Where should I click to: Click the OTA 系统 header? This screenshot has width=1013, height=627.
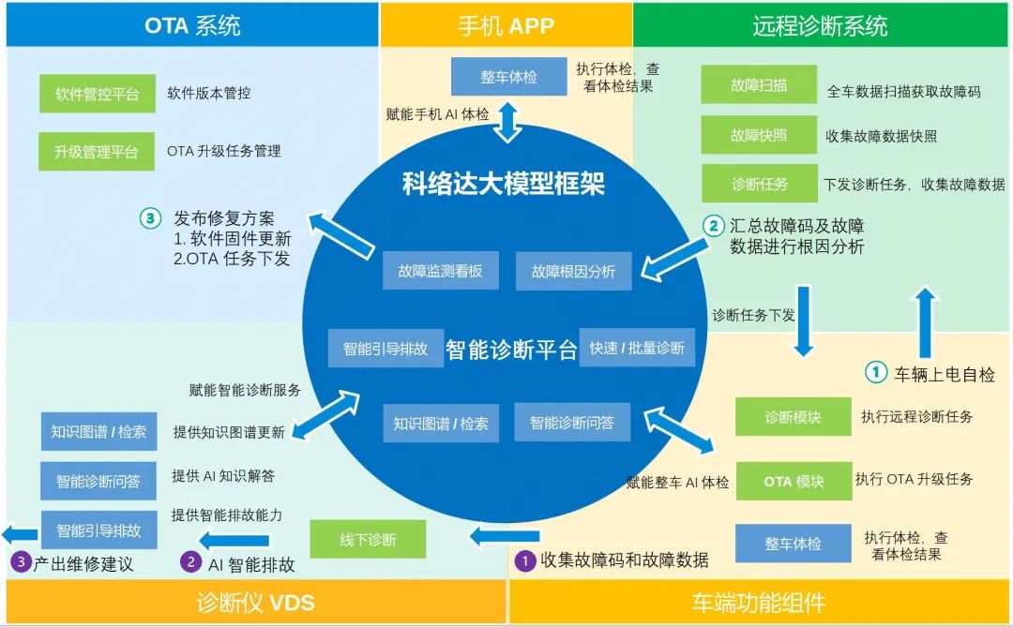(192, 24)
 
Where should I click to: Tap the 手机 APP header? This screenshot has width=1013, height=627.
(506, 24)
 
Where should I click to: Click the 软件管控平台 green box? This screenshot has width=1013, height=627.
(98, 94)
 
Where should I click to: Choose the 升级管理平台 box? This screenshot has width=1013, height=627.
(98, 151)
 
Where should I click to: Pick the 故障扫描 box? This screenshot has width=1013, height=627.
(759, 85)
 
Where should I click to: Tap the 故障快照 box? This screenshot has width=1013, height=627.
(759, 135)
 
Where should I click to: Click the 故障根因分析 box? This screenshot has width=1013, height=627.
(573, 271)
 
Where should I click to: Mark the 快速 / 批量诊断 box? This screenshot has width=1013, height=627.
(637, 348)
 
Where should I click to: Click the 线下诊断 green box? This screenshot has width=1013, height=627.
(368, 540)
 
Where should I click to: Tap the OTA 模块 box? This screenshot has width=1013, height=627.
(794, 482)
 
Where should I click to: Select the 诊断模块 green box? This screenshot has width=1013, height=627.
(794, 417)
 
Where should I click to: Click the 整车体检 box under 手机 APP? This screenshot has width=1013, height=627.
(509, 77)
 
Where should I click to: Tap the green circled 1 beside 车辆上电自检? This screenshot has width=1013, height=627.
(874, 373)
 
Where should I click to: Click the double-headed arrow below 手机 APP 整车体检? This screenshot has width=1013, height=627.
(507, 122)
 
